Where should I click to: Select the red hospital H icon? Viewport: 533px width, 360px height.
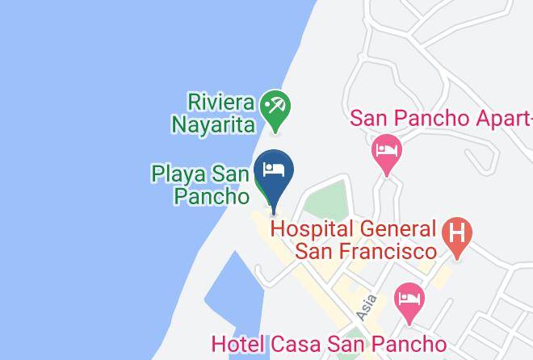[x=457, y=237]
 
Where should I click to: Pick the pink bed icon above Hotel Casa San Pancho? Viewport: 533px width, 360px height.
[x=409, y=299]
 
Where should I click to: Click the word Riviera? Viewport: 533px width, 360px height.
[x=221, y=103]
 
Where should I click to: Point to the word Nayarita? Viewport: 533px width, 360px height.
[x=213, y=123]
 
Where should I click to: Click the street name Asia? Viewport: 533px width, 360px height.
[x=366, y=306]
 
